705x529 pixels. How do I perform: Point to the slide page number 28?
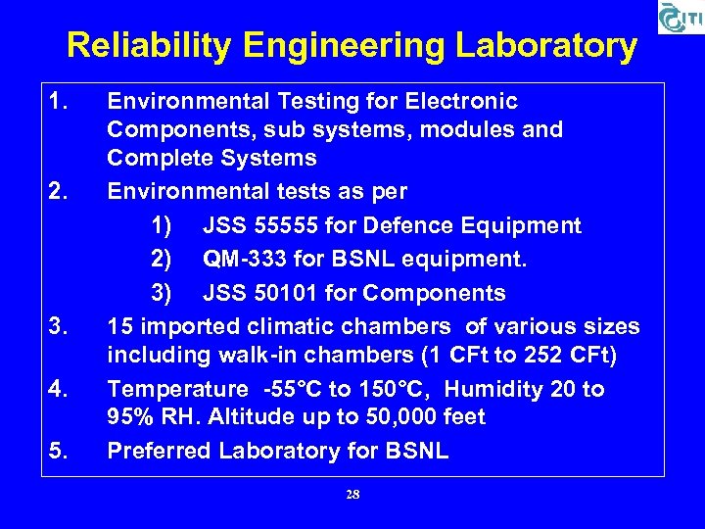point(352,495)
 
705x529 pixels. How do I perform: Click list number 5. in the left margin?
point(61,451)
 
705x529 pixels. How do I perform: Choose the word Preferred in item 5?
point(159,451)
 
